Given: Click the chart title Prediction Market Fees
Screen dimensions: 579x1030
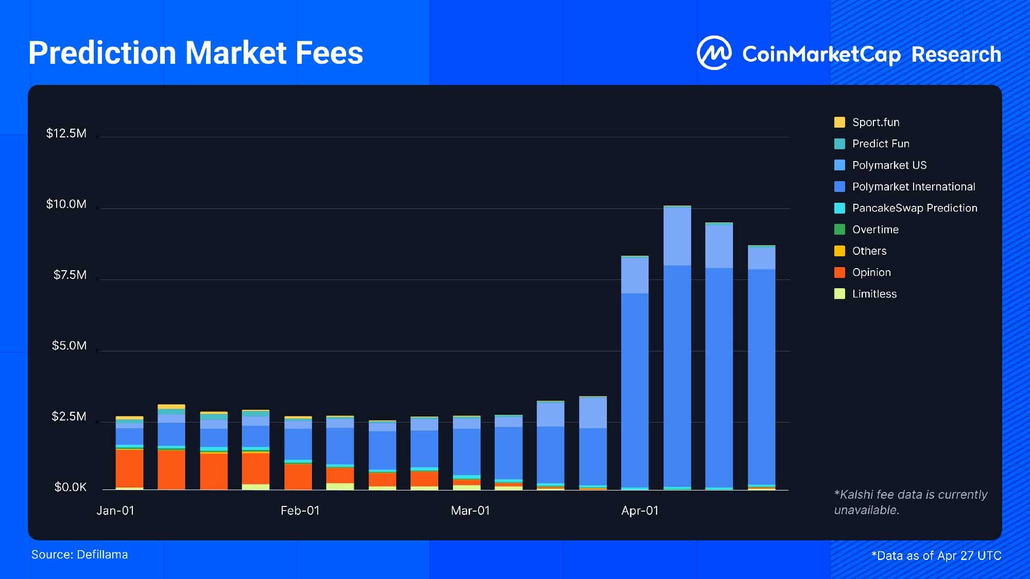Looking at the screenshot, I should tap(196, 53).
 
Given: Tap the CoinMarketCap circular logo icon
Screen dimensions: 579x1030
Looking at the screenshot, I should tap(714, 52).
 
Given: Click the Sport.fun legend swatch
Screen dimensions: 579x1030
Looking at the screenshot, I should tap(839, 122).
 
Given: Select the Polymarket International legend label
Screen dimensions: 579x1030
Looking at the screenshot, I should tap(913, 187).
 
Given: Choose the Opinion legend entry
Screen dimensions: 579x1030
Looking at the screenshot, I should tap(871, 272).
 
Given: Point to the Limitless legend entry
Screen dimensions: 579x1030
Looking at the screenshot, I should tap(874, 294).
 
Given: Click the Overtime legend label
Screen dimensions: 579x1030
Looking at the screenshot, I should tap(875, 230).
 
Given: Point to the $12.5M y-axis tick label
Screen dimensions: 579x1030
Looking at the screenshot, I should tap(66, 133).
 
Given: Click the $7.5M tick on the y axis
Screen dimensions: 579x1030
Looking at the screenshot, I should tap(70, 275).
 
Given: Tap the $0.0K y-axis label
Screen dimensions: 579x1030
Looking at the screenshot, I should tap(71, 487).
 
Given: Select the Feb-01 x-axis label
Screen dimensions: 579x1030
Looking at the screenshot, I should tap(300, 511).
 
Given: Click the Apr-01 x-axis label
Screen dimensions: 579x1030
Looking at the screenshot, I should tap(640, 511).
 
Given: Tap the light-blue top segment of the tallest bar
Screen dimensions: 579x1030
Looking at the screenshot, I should tap(677, 236).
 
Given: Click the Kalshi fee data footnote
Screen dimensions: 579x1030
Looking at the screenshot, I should tap(910, 502).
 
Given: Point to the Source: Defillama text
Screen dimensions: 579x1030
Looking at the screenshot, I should tap(79, 555).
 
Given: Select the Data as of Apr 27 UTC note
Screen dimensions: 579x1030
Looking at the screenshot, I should tap(936, 556).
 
